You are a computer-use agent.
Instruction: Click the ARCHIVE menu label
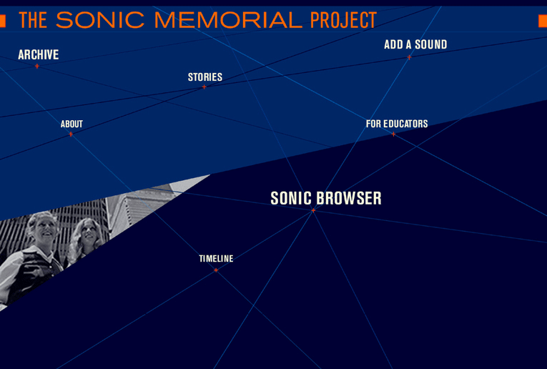[39, 55]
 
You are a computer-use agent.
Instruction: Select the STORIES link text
[205, 77]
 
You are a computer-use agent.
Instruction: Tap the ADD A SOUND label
[415, 44]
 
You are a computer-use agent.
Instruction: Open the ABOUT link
[72, 124]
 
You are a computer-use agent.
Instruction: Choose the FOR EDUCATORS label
[397, 124]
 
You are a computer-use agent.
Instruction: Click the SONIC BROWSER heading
[326, 198]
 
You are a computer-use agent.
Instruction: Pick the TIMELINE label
[216, 258]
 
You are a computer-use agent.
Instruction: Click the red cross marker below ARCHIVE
[37, 66]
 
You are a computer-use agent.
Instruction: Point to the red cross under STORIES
[204, 87]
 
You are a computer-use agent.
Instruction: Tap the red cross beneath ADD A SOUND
[409, 57]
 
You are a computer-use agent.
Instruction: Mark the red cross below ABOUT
[71, 134]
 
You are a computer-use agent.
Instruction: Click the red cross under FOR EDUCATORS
[393, 134]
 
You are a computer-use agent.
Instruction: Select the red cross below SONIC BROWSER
[313, 210]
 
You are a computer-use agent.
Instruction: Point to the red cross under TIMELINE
[216, 270]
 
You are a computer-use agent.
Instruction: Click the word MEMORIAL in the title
[228, 20]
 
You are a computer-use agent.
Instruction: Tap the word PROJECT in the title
[344, 20]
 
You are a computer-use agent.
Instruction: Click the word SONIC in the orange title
[100, 20]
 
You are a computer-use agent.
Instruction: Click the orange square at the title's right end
[543, 21]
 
